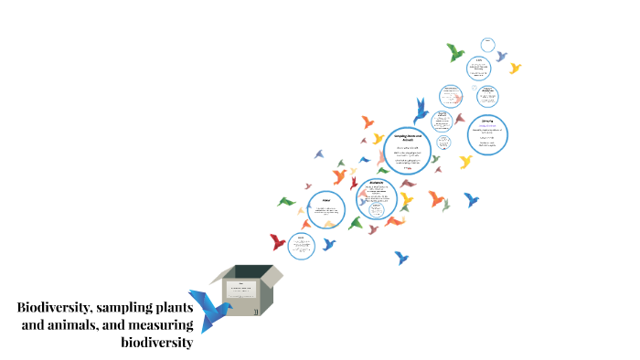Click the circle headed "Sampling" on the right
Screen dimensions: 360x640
(x=487, y=134)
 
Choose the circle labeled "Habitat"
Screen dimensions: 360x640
(x=326, y=212)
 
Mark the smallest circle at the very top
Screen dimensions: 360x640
(x=488, y=44)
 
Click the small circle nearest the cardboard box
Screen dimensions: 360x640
(x=300, y=245)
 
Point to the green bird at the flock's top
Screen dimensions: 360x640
(x=455, y=52)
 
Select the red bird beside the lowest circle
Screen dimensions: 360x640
(x=278, y=242)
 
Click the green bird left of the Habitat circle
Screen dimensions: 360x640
(x=287, y=201)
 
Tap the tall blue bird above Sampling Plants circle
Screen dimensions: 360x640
(x=421, y=110)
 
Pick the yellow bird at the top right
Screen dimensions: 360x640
(x=515, y=68)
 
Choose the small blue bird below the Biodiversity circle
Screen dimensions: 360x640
(x=401, y=258)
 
